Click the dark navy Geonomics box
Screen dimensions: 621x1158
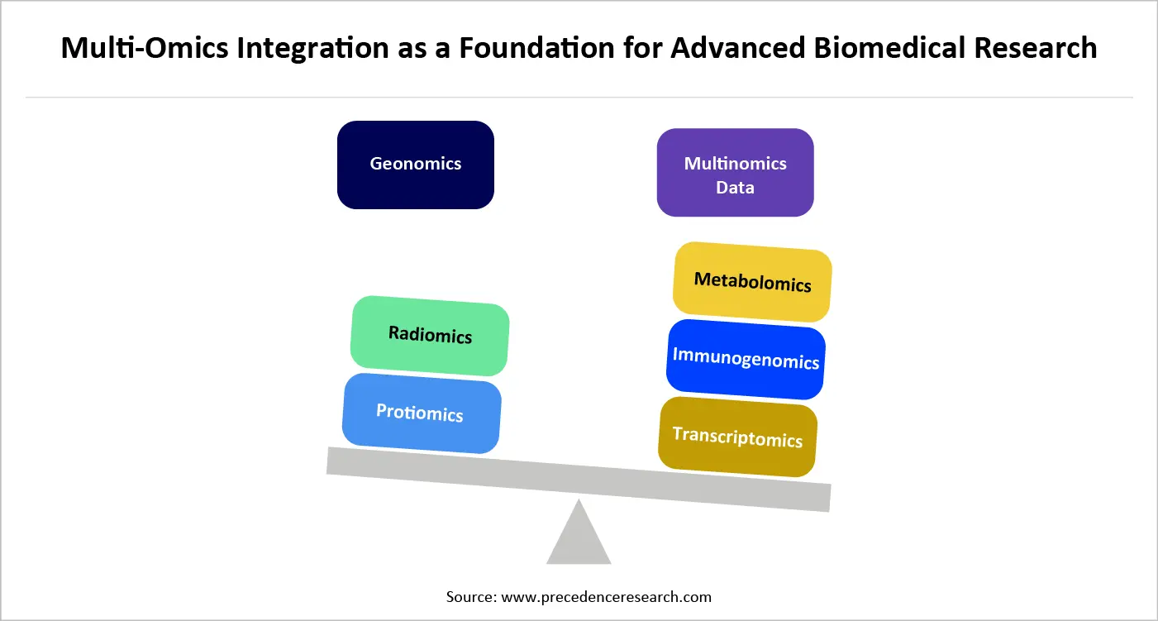pos(415,165)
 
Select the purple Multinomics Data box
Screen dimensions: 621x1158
pos(735,173)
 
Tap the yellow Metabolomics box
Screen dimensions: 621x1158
pos(752,282)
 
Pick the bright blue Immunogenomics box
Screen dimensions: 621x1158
pos(746,359)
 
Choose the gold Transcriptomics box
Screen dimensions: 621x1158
pos(737,437)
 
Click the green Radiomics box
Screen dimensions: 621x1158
pos(430,335)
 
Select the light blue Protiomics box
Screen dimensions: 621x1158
pos(421,413)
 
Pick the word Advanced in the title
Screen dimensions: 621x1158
pos(737,48)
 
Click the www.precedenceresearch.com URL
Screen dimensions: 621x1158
pos(606,596)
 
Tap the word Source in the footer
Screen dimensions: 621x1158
pos(469,596)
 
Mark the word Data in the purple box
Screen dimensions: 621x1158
pos(735,187)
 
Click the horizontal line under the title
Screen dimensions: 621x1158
pos(579,98)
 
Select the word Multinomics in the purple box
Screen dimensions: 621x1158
pos(735,163)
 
